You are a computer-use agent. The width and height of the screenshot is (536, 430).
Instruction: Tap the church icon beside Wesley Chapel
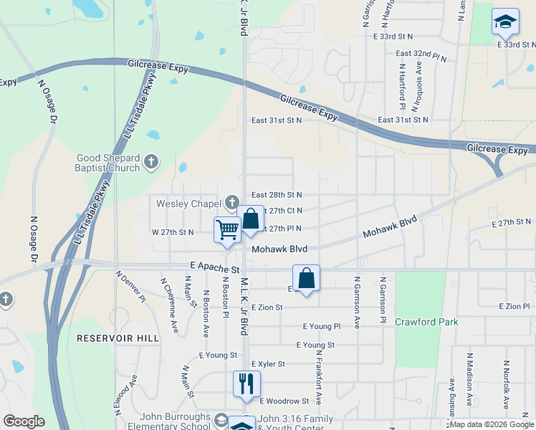click(x=231, y=203)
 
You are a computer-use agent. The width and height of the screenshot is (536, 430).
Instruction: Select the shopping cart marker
click(x=227, y=230)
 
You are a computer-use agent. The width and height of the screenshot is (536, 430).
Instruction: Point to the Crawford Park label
click(x=426, y=322)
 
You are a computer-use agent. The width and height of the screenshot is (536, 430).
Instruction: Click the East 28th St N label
click(x=277, y=195)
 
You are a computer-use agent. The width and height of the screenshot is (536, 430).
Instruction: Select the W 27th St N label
click(x=172, y=232)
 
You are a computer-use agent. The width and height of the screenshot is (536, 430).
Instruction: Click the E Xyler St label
click(x=271, y=364)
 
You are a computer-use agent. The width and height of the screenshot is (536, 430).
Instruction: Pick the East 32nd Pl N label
click(x=421, y=54)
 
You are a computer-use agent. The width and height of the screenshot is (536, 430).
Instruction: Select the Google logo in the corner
click(x=24, y=421)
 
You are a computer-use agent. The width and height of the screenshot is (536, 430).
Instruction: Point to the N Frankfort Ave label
click(x=318, y=379)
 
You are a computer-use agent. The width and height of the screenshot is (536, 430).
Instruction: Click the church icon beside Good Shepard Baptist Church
click(x=150, y=162)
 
